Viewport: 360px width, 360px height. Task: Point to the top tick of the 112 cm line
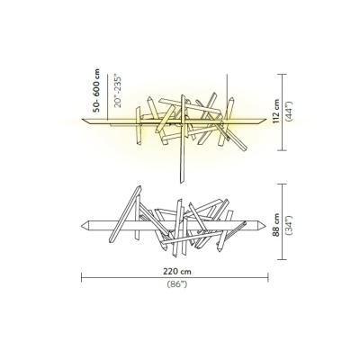[x=283, y=74]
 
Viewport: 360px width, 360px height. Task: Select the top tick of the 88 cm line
[x=283, y=184]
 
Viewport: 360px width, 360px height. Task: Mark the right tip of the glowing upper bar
[x=269, y=118]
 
